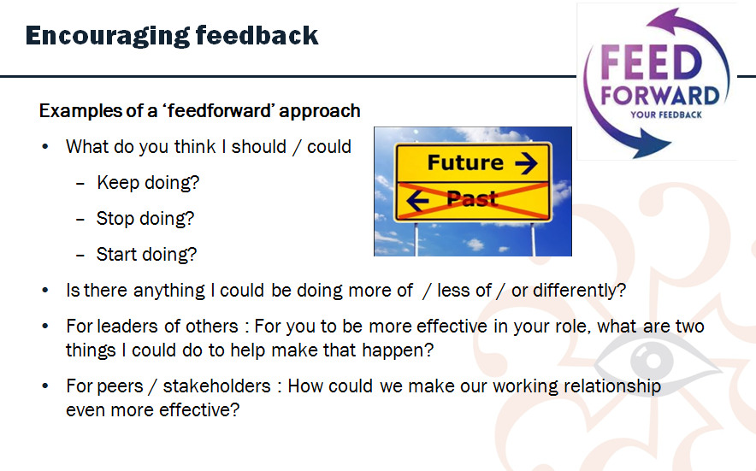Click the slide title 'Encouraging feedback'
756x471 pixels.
[172, 36]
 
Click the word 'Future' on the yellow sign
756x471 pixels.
[465, 162]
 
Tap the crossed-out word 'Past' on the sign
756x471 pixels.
[471, 198]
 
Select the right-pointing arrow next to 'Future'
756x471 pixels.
[526, 163]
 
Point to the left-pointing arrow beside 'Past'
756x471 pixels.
[417, 199]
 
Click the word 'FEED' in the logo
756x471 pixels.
[651, 62]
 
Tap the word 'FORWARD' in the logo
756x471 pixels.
[659, 96]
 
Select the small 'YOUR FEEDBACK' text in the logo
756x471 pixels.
[666, 115]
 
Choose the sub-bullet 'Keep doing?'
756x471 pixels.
[148, 183]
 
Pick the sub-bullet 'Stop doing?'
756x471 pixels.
[145, 218]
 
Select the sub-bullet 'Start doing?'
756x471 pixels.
[146, 254]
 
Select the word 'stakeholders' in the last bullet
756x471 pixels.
[216, 386]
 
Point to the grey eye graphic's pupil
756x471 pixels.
[653, 361]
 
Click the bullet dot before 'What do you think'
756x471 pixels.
[45, 146]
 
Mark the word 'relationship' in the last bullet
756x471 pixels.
[612, 386]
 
